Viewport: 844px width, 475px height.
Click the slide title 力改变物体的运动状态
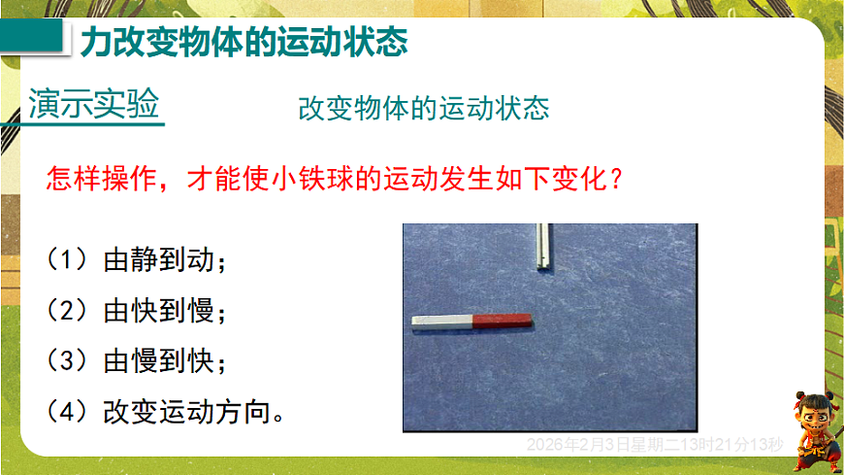pos(242,43)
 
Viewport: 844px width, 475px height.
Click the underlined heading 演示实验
pos(94,105)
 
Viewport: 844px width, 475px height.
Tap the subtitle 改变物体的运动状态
pos(423,108)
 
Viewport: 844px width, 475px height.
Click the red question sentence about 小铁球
pos(334,179)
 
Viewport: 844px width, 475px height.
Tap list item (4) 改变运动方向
pos(166,412)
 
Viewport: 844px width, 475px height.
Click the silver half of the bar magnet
pos(440,321)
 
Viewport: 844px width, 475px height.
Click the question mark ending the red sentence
pos(612,180)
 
